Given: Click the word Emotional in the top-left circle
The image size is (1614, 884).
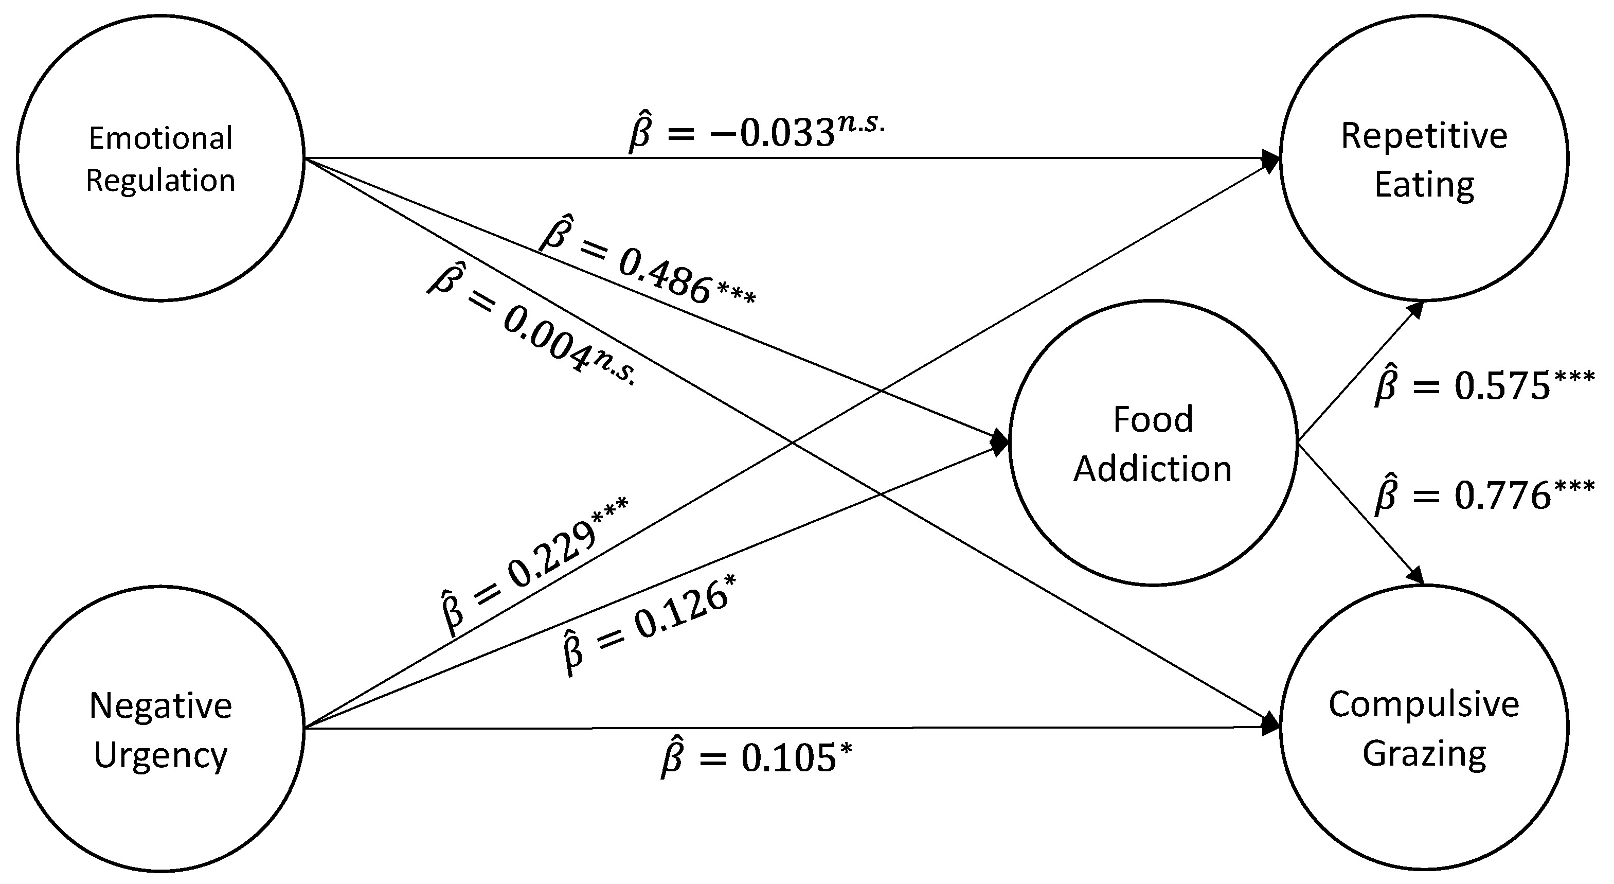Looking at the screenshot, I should (x=160, y=138).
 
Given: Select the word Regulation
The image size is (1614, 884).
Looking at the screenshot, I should (x=160, y=181).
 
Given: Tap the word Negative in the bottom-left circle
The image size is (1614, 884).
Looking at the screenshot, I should (x=160, y=706).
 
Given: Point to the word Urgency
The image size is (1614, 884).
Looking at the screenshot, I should (x=160, y=755).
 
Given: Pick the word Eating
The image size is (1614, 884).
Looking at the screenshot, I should (x=1424, y=185).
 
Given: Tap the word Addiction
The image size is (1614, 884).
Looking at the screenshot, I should (x=1153, y=468).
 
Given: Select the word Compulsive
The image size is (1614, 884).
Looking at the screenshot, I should (x=1424, y=705).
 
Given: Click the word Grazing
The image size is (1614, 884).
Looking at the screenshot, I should (x=1424, y=754).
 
